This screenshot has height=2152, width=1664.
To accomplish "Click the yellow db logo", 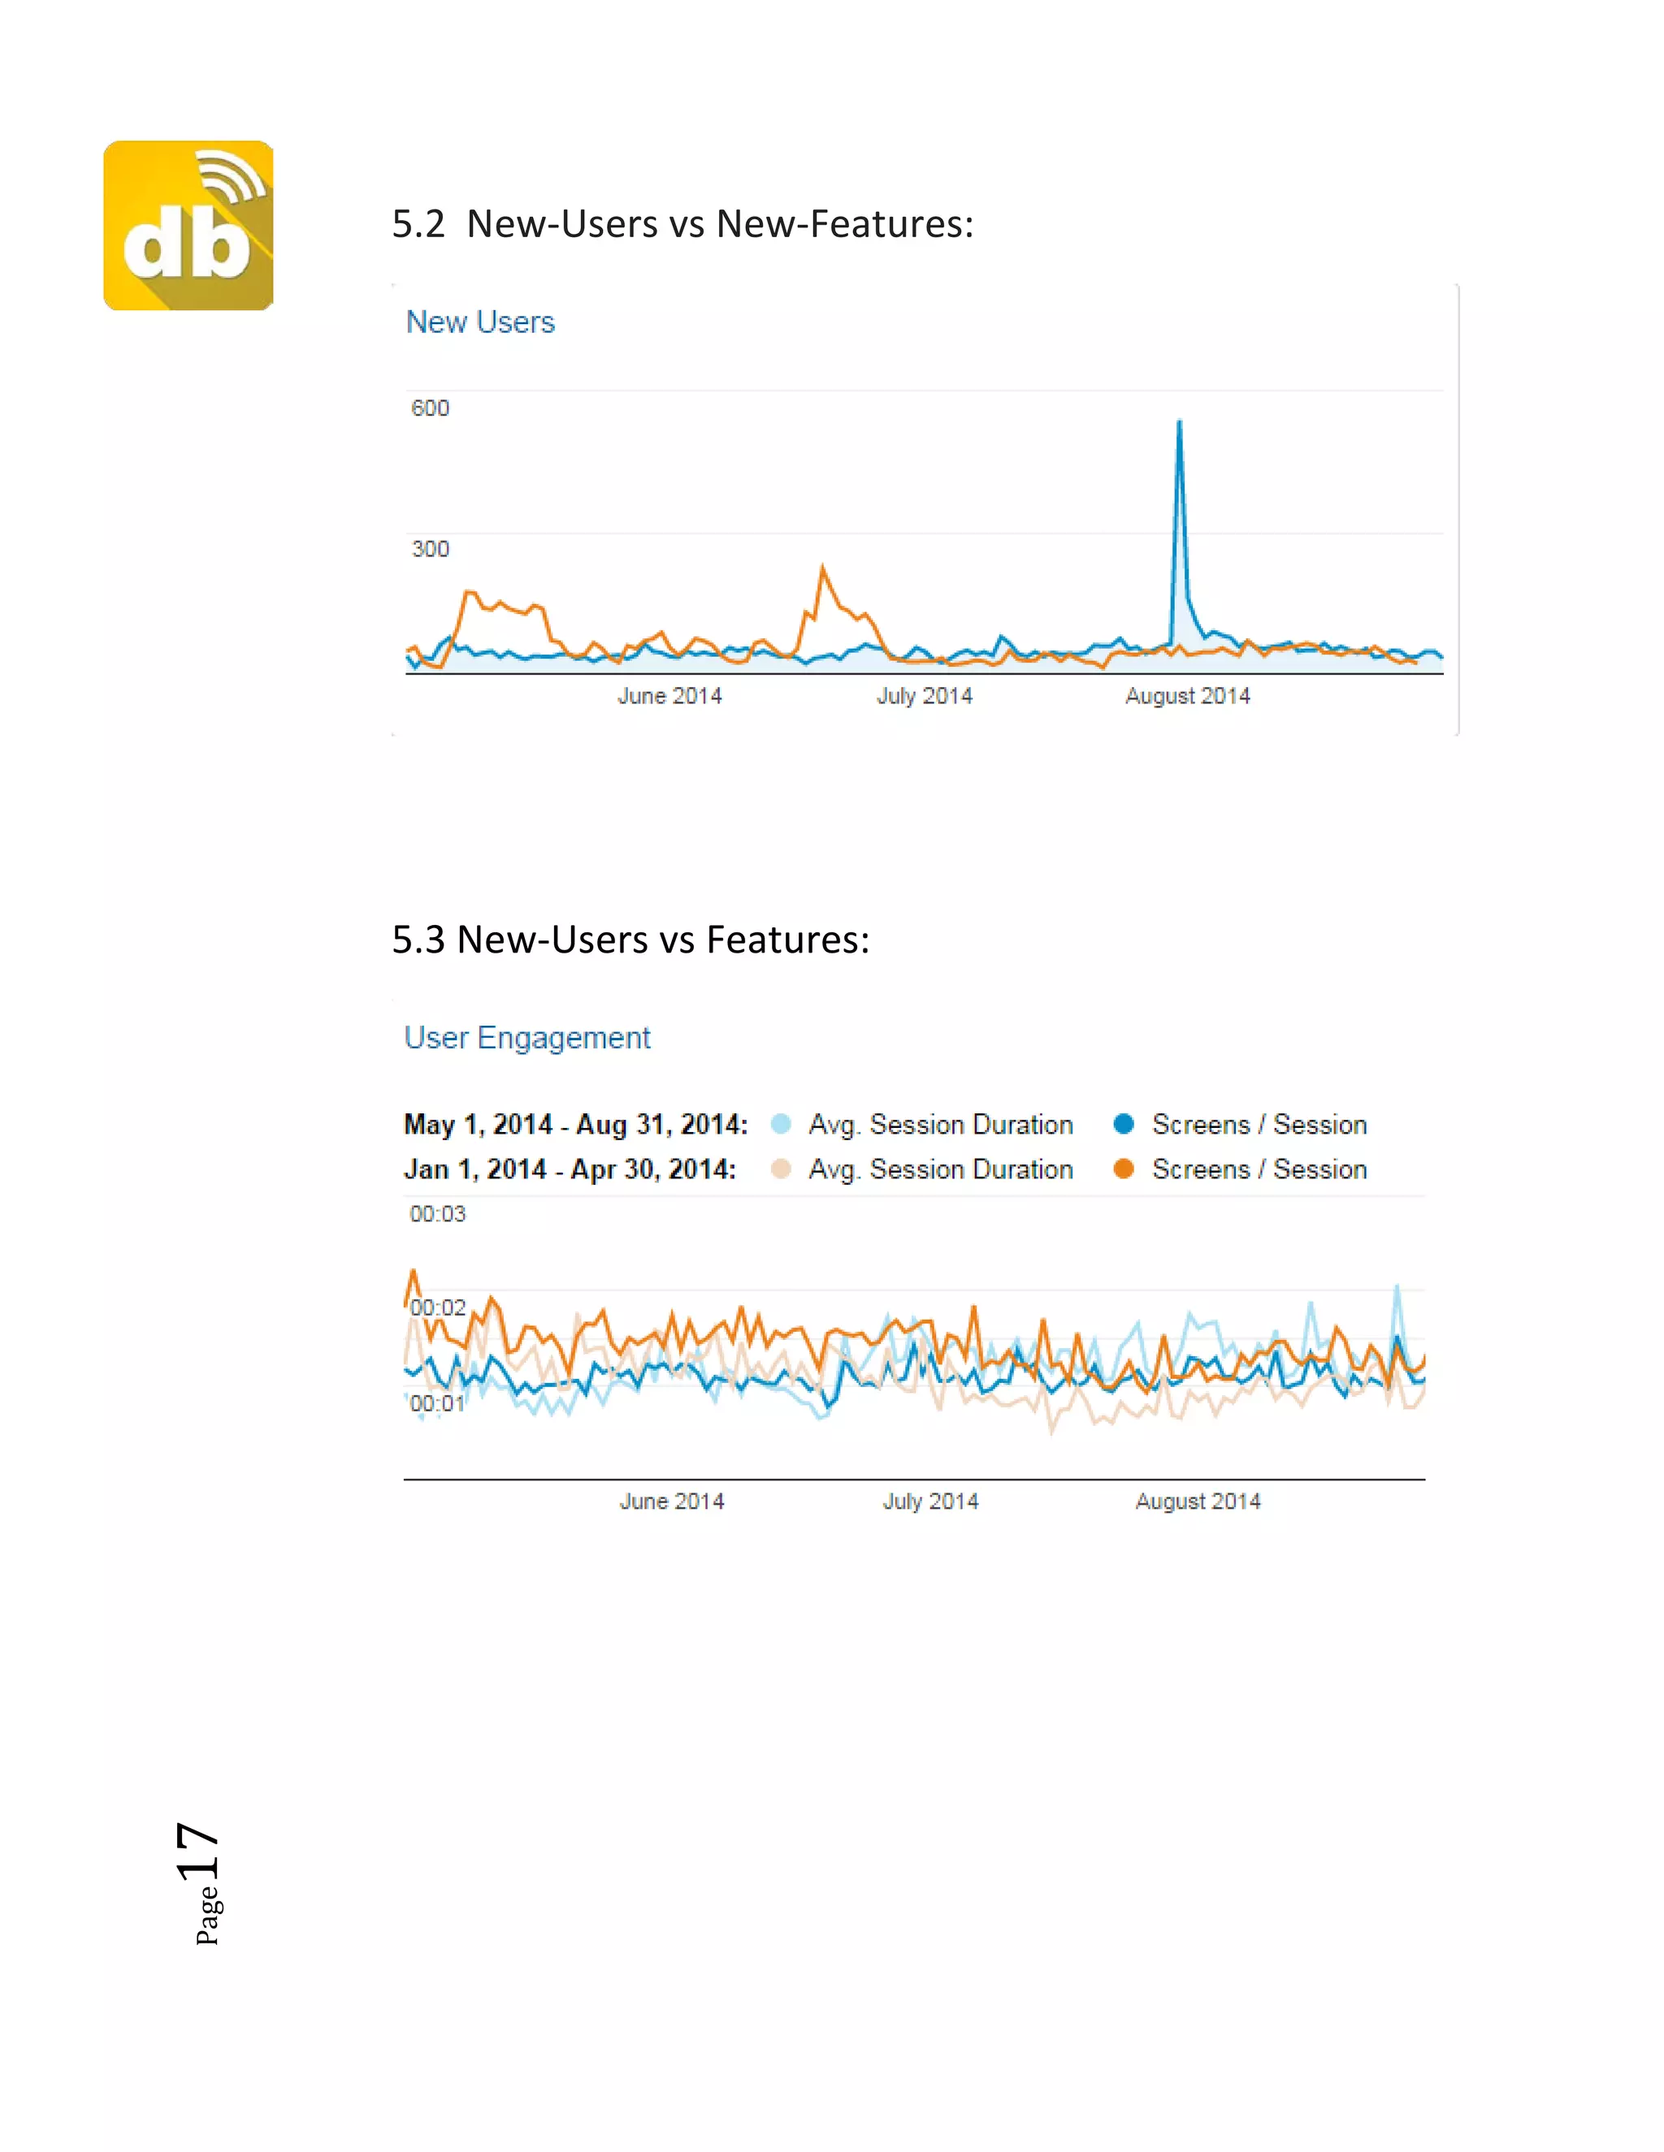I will pos(188,226).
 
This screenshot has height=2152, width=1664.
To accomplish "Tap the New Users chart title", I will pos(480,322).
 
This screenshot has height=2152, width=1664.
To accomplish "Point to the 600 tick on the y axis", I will pos(430,408).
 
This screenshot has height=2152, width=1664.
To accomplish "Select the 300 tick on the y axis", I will pos(430,549).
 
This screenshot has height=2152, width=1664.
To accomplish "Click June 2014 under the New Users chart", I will pos(669,697).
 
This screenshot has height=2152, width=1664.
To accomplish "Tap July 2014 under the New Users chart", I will pos(925,697).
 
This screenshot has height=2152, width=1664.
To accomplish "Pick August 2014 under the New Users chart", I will pos(1188,697).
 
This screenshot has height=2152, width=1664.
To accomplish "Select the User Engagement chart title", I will pos(527,1038).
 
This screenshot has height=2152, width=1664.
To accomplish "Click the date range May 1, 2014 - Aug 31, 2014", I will pos(576,1124).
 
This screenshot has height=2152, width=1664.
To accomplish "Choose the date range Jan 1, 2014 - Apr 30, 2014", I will pos(570,1169).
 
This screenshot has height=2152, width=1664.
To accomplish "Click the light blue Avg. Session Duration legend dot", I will pos(781,1124).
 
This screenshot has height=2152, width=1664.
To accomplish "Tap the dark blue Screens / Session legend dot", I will pos(1123,1124).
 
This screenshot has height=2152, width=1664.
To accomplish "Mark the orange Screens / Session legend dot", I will pos(1123,1169).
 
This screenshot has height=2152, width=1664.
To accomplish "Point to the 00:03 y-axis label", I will pos(438,1214).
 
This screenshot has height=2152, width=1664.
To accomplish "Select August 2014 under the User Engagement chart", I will pos(1198,1502).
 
